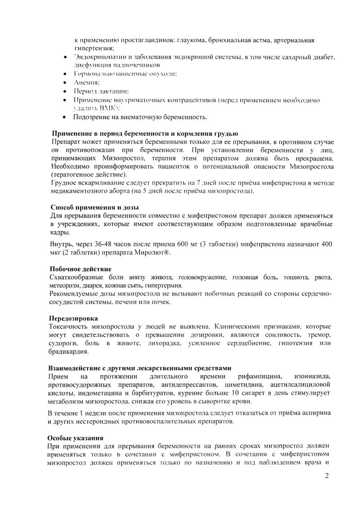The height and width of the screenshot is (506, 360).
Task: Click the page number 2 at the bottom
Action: [327, 476]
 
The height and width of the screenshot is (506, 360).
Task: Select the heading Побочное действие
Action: [81, 269]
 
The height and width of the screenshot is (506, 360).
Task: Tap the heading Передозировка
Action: [73, 318]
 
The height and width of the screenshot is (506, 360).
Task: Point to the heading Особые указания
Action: [76, 438]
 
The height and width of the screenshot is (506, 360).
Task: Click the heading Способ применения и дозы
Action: [94, 207]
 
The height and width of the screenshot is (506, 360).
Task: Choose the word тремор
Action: [319, 336]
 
